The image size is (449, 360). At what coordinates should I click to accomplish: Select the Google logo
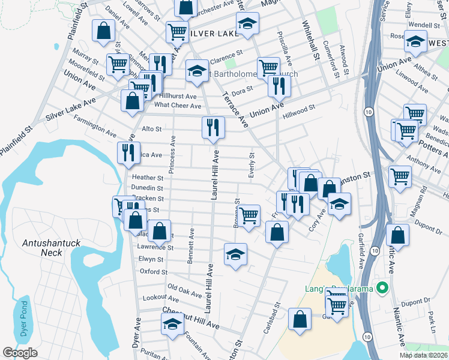(x=20, y=353)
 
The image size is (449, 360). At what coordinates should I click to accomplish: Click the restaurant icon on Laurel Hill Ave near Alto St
(x=212, y=127)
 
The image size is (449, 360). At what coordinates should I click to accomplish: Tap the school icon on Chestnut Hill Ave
(x=172, y=324)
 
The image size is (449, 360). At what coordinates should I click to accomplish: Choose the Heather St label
(x=148, y=178)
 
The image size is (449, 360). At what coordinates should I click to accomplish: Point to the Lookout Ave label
(x=161, y=298)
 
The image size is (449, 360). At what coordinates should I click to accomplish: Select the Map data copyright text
(x=424, y=355)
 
